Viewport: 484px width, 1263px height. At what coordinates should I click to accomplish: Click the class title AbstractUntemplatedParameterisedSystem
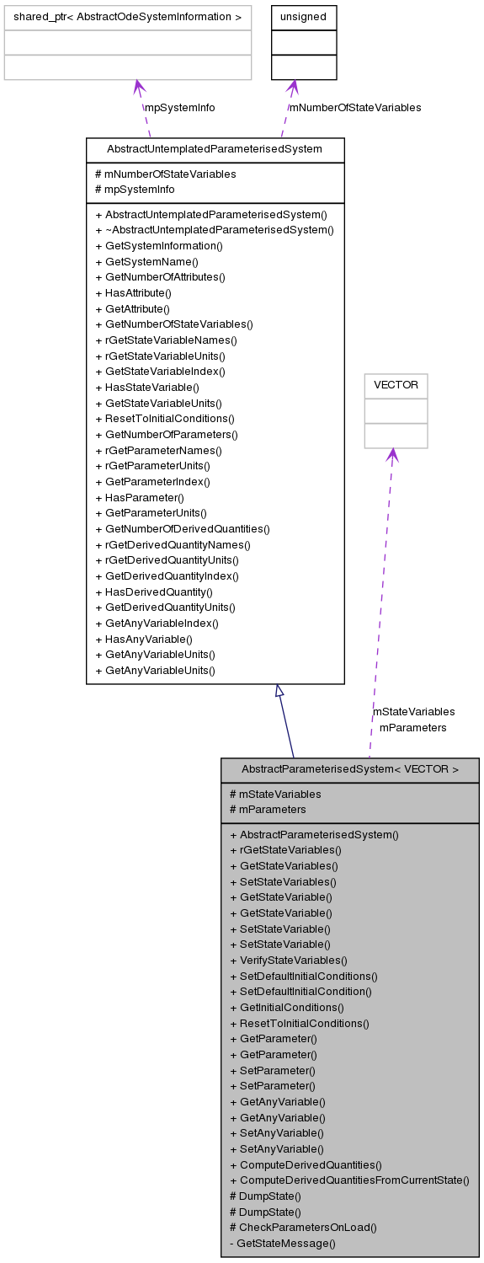click(x=215, y=149)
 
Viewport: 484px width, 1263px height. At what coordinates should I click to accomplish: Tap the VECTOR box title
click(x=396, y=386)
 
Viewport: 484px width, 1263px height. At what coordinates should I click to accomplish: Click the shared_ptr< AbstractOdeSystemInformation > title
click(x=128, y=17)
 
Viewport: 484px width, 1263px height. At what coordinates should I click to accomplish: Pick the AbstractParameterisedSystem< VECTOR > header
click(x=350, y=769)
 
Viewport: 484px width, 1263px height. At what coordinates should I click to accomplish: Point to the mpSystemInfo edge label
click(x=179, y=108)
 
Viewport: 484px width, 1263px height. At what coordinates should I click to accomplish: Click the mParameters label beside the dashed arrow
click(x=412, y=727)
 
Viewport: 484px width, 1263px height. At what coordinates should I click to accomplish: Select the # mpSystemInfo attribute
click(x=135, y=190)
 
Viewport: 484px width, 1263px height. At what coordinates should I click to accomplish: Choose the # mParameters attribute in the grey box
click(x=268, y=809)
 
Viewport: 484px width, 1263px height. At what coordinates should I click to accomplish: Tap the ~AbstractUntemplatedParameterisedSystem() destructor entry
click(x=215, y=229)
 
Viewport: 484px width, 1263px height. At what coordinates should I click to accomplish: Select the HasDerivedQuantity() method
click(x=154, y=591)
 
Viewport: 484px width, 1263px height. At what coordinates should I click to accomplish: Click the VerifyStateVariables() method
click(x=288, y=960)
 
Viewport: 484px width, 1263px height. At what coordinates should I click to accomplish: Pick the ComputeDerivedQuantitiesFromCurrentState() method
click(x=349, y=1180)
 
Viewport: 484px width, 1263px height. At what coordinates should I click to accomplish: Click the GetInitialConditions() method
click(x=286, y=1007)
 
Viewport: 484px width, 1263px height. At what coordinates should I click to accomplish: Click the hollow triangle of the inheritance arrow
click(x=279, y=691)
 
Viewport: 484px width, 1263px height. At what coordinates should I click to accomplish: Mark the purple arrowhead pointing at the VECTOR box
click(x=392, y=455)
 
